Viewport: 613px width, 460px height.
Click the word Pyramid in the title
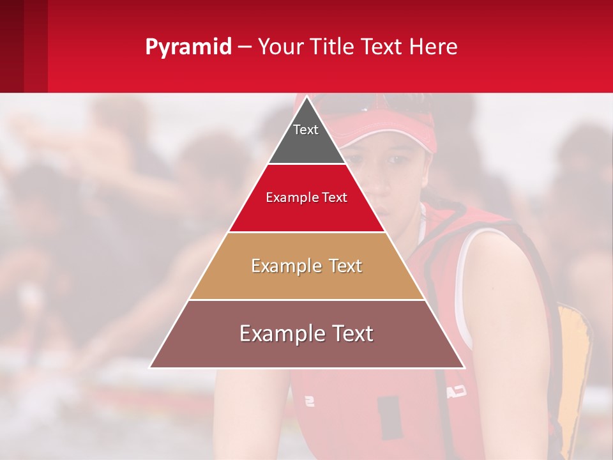click(188, 47)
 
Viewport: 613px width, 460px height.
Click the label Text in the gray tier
click(306, 130)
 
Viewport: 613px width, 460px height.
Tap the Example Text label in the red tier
click(306, 197)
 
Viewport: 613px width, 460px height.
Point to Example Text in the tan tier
click(306, 266)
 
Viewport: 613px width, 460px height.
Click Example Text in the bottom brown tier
click(306, 333)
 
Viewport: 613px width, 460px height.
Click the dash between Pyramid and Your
click(244, 47)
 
